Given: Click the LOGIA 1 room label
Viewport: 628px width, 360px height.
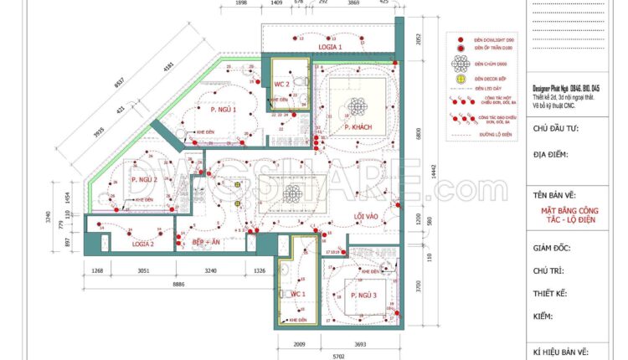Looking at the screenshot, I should (330, 48).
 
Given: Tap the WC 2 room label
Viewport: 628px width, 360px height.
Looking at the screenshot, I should (282, 85).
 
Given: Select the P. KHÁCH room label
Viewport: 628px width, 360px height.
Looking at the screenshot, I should (358, 127).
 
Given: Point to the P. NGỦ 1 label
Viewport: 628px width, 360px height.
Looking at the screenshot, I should (224, 110).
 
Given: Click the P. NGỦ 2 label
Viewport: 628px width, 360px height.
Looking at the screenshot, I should (144, 180).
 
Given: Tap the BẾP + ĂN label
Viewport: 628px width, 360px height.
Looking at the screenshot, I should (206, 242).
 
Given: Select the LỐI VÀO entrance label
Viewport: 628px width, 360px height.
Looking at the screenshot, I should (366, 217).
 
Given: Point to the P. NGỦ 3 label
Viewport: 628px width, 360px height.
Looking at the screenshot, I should (364, 296).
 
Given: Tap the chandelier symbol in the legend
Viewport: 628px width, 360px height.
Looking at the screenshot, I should (460, 64).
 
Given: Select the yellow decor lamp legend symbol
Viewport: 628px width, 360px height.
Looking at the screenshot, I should (460, 79).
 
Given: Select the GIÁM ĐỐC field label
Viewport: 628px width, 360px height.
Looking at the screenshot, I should (555, 249).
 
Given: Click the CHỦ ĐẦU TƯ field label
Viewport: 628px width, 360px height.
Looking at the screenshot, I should (555, 130).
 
